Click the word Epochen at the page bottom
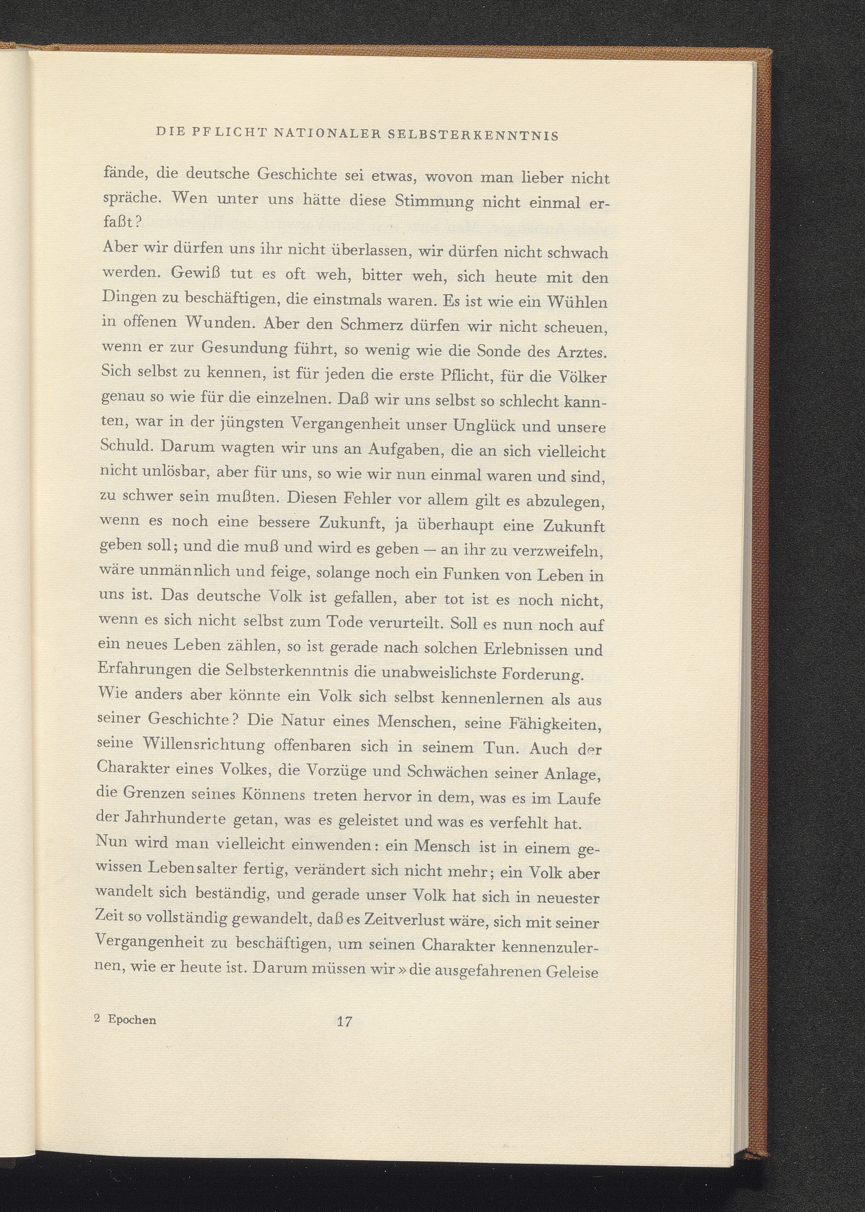click(x=132, y=1020)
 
